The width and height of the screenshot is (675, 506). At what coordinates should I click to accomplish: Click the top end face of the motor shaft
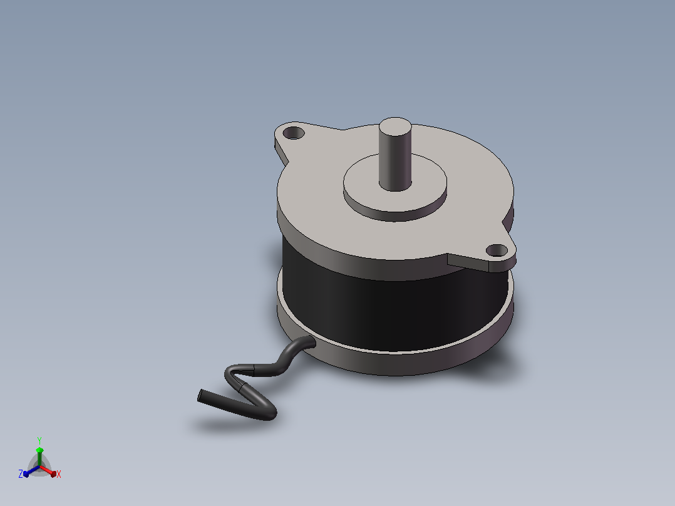click(x=394, y=124)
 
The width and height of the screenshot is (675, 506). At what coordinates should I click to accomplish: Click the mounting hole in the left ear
click(x=294, y=133)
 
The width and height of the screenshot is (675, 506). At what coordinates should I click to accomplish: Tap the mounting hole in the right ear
click(x=497, y=250)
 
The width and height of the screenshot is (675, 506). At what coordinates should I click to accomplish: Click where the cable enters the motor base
click(x=309, y=343)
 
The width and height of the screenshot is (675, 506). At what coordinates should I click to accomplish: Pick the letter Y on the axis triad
click(x=39, y=440)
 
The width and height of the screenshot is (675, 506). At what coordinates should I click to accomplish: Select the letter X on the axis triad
click(x=59, y=474)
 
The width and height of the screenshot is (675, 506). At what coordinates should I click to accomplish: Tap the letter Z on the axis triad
click(x=21, y=473)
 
